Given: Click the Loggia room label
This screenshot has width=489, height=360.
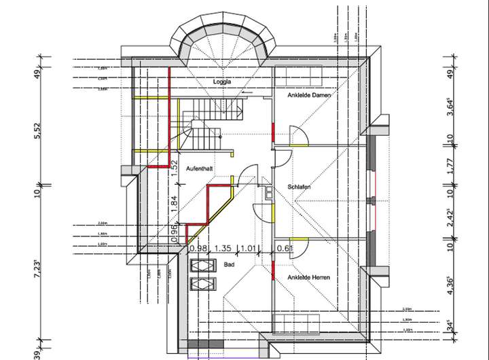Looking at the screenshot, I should coord(222,82).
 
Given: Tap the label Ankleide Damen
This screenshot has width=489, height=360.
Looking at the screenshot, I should coord(308,96).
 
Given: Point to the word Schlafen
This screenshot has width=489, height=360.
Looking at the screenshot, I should coord(300,187).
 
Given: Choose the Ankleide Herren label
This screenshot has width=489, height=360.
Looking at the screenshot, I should coord(309,278).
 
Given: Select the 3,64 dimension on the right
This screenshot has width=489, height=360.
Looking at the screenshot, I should coord(449,107).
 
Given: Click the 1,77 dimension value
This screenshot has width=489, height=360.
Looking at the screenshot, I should coord(449,166).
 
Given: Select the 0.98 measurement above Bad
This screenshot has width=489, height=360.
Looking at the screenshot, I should coord(198,249).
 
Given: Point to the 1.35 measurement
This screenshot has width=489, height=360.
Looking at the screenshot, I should coord(223,249).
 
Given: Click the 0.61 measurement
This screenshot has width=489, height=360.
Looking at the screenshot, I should coord(285,249).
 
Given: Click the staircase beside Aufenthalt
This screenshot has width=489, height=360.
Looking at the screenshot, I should coord(201,126).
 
